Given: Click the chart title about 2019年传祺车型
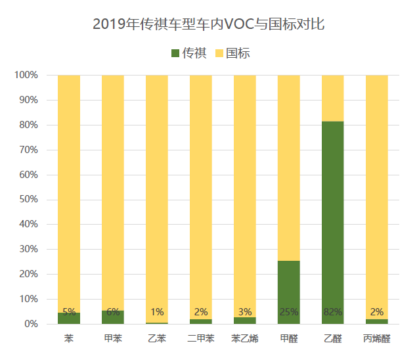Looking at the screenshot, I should [x=209, y=25].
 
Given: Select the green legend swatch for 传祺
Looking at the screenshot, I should [x=174, y=53].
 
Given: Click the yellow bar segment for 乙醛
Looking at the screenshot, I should [x=332, y=98].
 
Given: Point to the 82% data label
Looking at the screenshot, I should [x=332, y=312].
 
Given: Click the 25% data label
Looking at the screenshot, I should [x=288, y=312].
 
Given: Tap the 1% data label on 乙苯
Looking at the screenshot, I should [x=157, y=312].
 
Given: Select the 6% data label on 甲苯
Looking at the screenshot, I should [x=113, y=312].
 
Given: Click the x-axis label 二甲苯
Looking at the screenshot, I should [x=200, y=339].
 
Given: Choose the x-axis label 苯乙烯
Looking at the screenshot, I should [x=244, y=339].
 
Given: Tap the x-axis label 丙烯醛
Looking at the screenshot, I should [x=376, y=339].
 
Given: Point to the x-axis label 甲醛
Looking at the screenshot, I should [x=288, y=339].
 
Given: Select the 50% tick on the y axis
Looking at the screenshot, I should [x=28, y=200].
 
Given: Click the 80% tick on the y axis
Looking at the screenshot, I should [x=28, y=125].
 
